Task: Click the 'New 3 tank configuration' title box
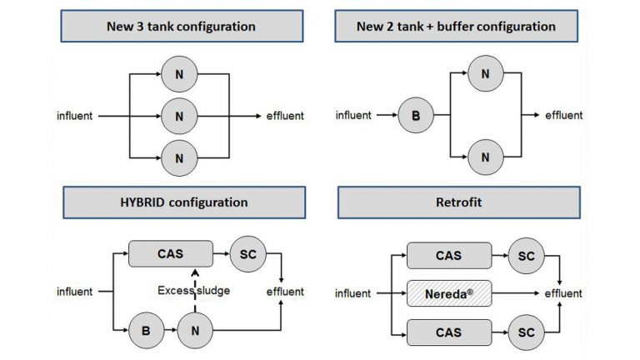click(181, 27)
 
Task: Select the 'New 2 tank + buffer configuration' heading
click(456, 27)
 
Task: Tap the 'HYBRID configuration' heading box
click(181, 202)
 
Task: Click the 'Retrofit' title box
click(457, 202)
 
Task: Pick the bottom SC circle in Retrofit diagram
click(526, 332)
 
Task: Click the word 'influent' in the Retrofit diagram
click(353, 293)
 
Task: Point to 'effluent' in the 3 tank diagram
click(284, 116)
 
